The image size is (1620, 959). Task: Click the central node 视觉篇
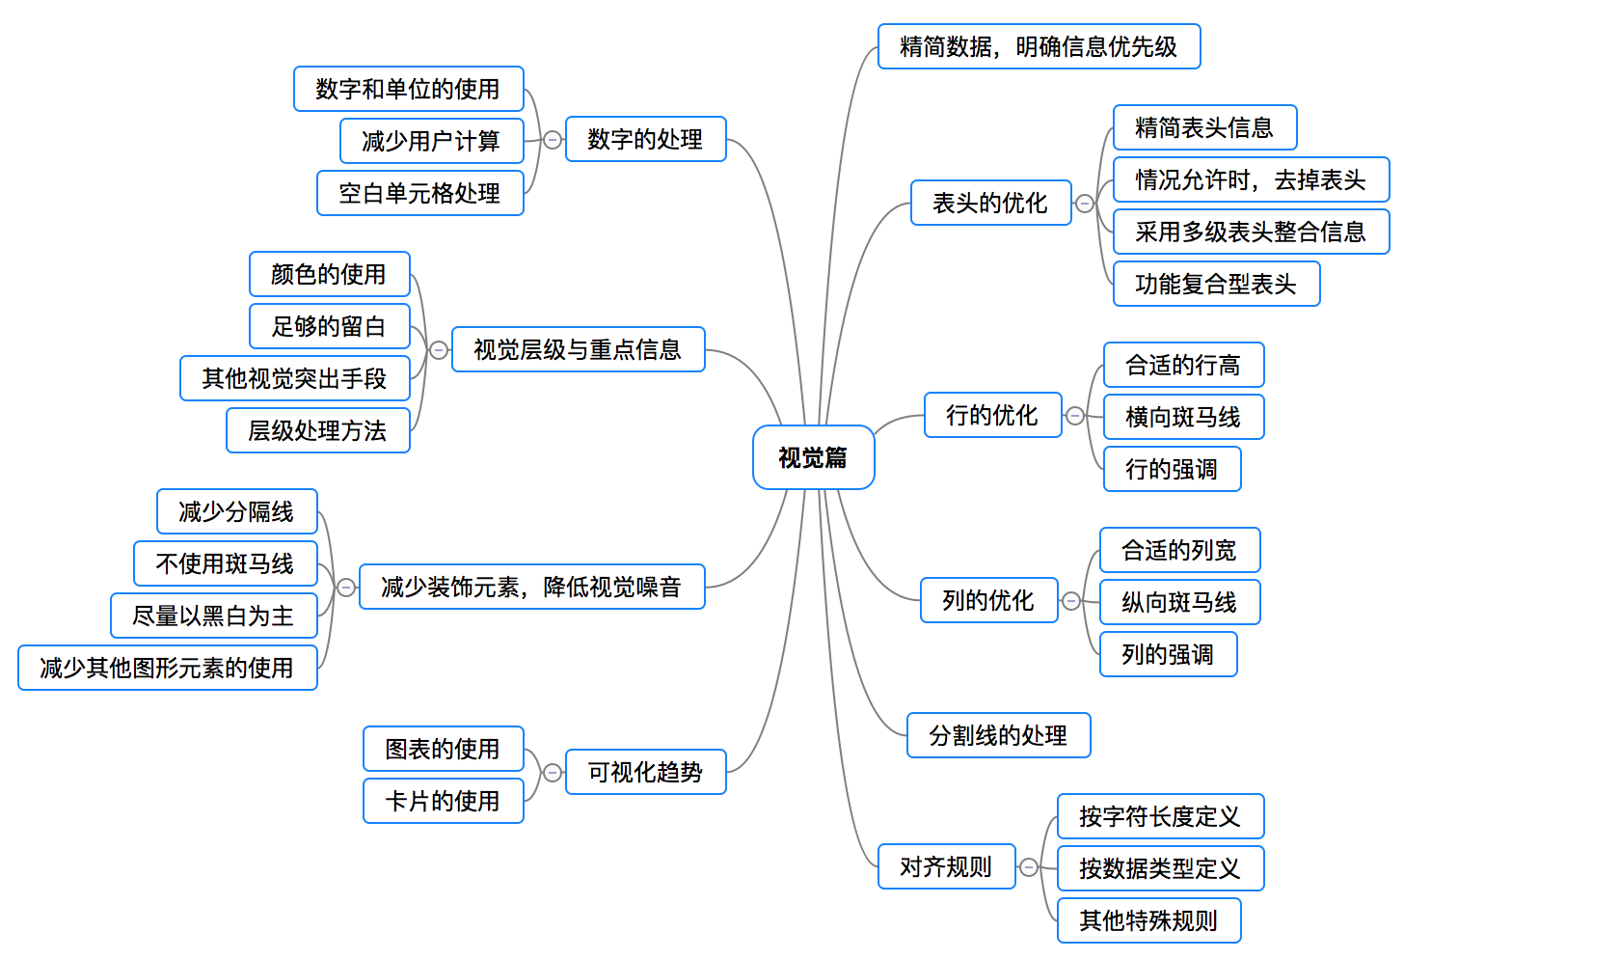click(x=813, y=457)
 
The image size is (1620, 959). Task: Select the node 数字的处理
click(x=645, y=139)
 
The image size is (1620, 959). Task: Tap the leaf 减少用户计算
click(x=431, y=141)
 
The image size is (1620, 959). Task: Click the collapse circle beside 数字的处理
click(x=553, y=140)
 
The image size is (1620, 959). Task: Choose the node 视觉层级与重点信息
click(x=578, y=349)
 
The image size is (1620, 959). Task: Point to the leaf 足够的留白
click(x=329, y=326)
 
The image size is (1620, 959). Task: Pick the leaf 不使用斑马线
click(x=225, y=563)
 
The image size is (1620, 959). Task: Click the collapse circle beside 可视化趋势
click(x=553, y=773)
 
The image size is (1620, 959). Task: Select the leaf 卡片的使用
click(x=443, y=801)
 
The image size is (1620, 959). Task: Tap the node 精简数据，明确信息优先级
click(x=1039, y=46)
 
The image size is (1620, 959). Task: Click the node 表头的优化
click(x=990, y=203)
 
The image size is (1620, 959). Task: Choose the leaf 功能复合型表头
click(x=1216, y=284)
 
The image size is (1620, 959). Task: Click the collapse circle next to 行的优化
click(x=1075, y=416)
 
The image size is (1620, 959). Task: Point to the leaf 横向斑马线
click(x=1183, y=417)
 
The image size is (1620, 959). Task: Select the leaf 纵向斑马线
click(x=1179, y=602)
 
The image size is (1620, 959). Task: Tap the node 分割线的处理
click(x=998, y=735)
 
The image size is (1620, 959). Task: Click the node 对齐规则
click(x=946, y=866)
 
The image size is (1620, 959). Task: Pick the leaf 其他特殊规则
click(x=1148, y=920)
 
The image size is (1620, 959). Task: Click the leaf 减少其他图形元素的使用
click(x=167, y=668)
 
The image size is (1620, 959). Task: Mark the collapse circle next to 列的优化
click(x=1071, y=602)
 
